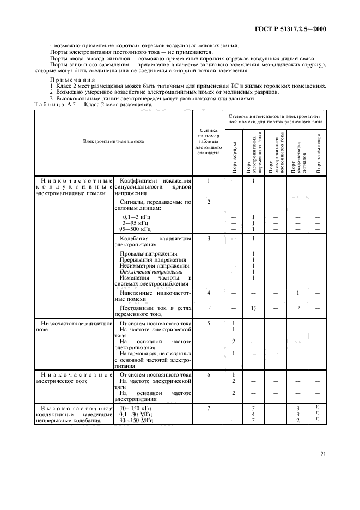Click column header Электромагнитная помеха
coord(113,141)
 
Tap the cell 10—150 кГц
coord(133,408)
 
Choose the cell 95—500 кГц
coord(133,228)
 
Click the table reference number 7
coord(208,408)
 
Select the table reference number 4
coord(208,293)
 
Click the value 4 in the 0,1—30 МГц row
coord(253,415)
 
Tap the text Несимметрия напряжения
coord(155,265)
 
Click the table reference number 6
coord(208,375)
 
